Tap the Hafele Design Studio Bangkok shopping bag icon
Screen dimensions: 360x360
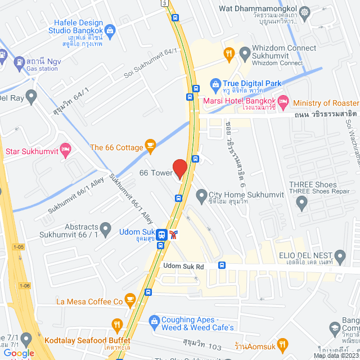[110, 29]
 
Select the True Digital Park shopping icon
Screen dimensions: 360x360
[215, 84]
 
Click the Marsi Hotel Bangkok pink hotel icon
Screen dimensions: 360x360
[283, 102]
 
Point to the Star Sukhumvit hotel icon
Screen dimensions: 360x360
[65, 149]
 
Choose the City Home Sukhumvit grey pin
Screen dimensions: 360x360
[201, 195]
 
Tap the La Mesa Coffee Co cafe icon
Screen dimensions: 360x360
[130, 299]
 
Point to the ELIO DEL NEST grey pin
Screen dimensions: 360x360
[339, 255]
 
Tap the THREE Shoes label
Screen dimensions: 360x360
[313, 184]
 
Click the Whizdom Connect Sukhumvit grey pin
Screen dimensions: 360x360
[245, 53]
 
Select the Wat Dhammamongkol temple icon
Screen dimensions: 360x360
[304, 11]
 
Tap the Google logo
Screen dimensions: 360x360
[19, 353]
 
